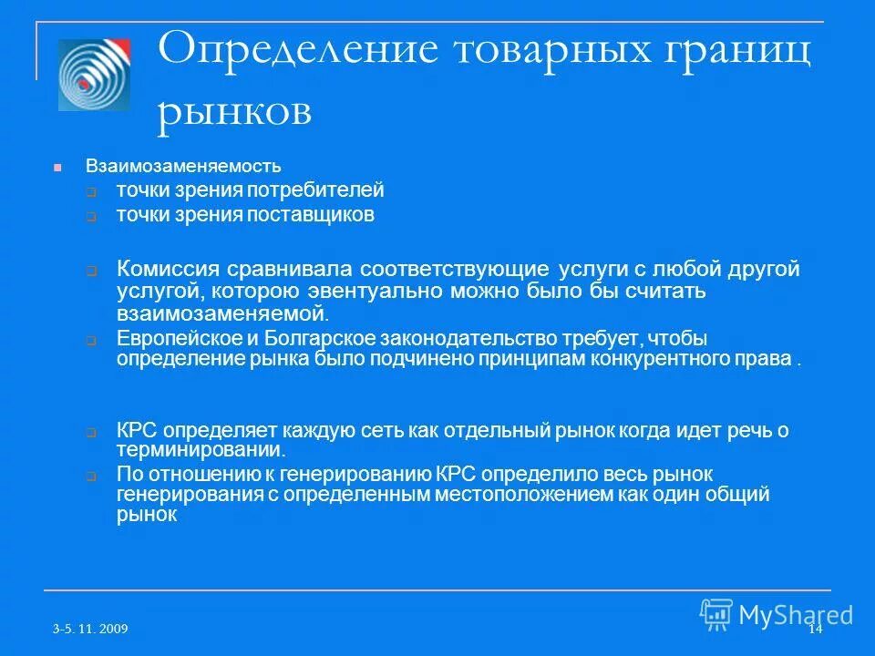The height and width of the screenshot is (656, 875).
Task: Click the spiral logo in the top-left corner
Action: click(94, 75)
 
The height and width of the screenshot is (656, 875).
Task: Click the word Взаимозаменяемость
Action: click(183, 167)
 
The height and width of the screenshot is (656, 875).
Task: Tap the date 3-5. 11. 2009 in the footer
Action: click(89, 630)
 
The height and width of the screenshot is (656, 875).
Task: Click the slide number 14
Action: click(815, 630)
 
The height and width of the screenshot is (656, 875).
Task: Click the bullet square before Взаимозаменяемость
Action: click(57, 168)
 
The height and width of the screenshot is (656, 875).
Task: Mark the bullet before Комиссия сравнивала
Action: click(92, 272)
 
